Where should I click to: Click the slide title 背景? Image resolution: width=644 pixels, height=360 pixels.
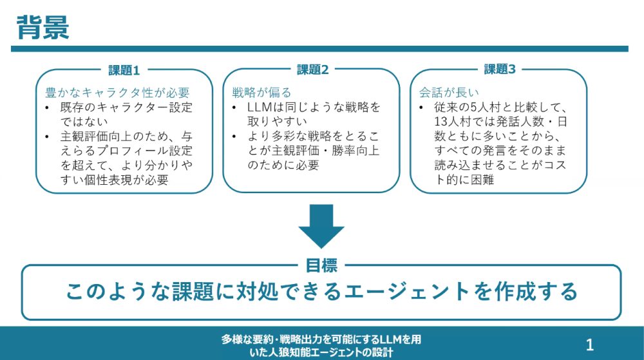point(43,27)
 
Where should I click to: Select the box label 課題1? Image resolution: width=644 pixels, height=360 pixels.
point(124,70)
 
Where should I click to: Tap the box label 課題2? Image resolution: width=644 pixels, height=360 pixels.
point(312,70)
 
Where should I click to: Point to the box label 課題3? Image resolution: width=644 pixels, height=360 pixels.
point(500,70)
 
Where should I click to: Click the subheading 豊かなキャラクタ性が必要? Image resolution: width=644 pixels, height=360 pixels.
point(117,92)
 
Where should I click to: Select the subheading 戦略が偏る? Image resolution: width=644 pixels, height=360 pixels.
point(261,92)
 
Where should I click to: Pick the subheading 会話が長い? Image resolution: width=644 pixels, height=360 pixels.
point(449,92)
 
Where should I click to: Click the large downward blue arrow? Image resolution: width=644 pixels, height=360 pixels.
point(321,226)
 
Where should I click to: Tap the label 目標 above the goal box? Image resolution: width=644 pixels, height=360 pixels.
point(321,265)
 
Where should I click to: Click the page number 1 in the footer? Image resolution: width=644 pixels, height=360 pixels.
point(590,345)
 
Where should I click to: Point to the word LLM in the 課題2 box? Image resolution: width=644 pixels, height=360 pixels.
point(260,108)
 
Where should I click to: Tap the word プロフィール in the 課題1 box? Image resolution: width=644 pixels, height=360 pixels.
point(133,151)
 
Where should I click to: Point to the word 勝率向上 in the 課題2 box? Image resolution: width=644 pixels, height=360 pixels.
point(355,151)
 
